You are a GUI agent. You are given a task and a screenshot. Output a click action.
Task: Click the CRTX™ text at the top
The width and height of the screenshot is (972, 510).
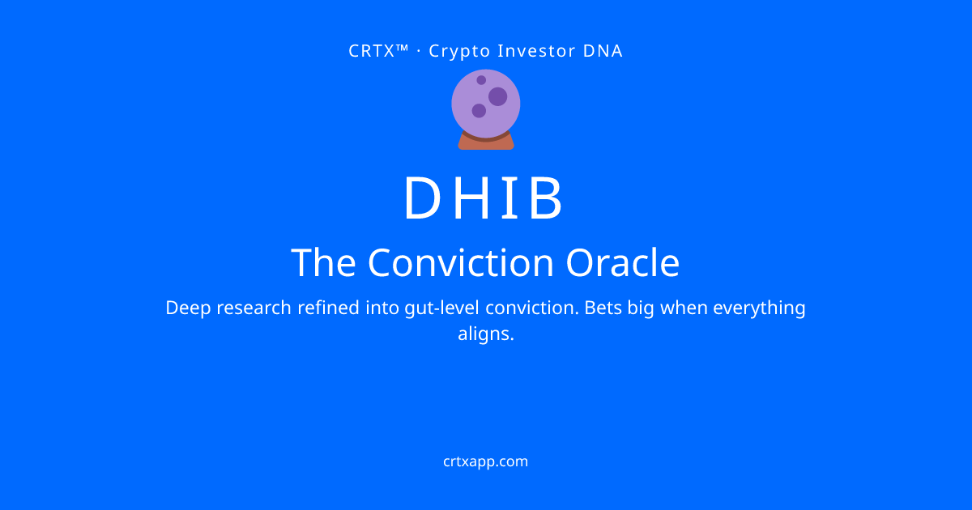[378, 51]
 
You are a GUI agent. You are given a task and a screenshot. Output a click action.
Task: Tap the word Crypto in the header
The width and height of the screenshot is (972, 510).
[459, 52]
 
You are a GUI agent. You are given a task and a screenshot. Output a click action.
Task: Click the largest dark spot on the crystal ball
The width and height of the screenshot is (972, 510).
[497, 96]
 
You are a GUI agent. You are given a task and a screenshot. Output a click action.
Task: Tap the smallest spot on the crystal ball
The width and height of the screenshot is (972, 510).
[481, 80]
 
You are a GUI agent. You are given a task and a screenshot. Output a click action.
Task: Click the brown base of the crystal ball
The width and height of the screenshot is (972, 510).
[486, 142]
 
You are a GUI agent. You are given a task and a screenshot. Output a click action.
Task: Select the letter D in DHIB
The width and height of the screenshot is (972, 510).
[422, 198]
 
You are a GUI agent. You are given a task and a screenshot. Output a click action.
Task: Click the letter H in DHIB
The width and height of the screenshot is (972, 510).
[471, 198]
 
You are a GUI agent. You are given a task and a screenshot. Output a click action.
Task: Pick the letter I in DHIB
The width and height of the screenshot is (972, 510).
[509, 198]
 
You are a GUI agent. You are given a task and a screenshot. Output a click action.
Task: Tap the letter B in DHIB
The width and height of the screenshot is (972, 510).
[546, 198]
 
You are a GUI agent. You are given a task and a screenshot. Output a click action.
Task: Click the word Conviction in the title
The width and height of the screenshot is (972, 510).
[461, 262]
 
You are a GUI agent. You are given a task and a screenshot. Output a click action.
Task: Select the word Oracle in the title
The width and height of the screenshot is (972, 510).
[623, 262]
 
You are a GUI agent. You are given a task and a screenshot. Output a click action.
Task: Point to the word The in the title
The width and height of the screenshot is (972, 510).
[323, 262]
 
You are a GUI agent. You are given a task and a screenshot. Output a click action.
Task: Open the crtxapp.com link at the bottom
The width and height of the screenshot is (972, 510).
[485, 462]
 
